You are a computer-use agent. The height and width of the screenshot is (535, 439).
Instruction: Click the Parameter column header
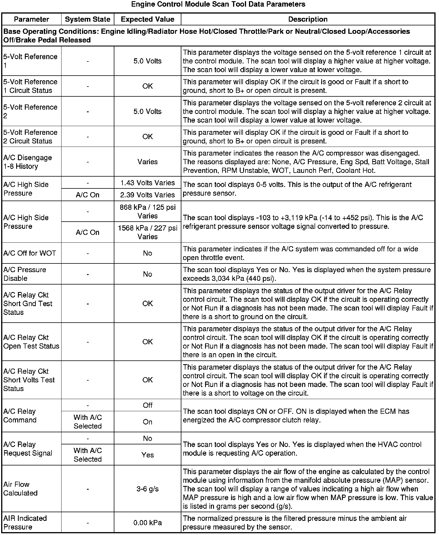[31, 19]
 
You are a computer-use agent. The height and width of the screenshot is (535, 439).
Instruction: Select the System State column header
[88, 19]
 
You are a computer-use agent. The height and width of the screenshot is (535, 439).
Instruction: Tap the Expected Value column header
[148, 19]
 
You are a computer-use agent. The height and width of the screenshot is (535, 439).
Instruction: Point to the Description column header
[308, 19]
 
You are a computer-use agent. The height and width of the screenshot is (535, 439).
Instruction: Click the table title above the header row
[218, 4]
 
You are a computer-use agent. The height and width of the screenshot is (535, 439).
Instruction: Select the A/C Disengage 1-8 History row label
[28, 162]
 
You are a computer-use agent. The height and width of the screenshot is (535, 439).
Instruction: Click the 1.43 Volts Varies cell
[148, 183]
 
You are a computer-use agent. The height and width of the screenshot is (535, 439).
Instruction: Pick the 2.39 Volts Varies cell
[148, 195]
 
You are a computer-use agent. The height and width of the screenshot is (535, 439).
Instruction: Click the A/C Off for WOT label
[30, 253]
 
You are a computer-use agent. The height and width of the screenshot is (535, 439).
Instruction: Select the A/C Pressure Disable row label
[25, 274]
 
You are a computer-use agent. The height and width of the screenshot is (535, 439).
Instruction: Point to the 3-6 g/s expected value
[148, 489]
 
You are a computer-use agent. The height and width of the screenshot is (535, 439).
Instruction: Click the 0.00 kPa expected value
[148, 523]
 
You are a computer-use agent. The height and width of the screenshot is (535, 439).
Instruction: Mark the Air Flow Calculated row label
[21, 489]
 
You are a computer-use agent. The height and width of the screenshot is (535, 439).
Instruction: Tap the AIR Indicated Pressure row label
[25, 523]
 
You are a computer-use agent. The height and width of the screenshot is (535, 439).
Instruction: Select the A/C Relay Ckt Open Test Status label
[31, 342]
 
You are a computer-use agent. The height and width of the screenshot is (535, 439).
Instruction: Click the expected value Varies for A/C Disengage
[148, 162]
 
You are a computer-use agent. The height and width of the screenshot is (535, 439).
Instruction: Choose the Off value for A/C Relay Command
[148, 405]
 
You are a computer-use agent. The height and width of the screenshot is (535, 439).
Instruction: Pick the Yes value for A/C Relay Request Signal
[148, 455]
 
